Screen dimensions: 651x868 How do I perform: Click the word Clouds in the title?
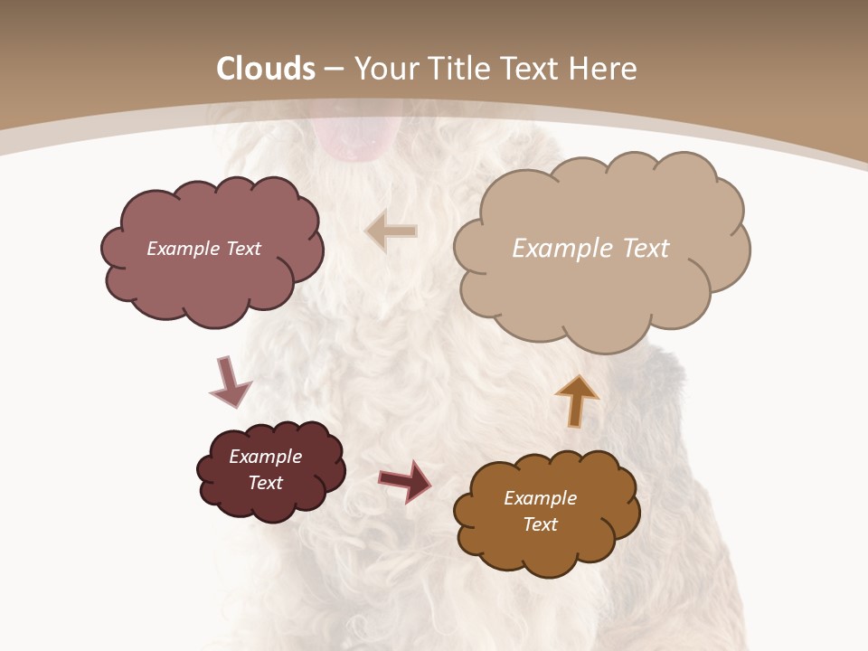[266, 69]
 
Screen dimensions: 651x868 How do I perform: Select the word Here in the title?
[604, 69]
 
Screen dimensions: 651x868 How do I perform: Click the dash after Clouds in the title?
[335, 70]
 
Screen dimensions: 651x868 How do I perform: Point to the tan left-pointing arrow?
[392, 231]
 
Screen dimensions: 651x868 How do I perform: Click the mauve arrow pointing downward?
[230, 382]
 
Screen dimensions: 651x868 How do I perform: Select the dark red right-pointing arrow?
[405, 480]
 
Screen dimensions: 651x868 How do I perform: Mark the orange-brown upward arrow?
[577, 400]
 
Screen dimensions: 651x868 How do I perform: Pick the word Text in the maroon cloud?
[266, 483]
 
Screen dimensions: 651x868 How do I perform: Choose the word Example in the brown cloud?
[540, 498]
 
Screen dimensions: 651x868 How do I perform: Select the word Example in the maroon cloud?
[266, 457]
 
